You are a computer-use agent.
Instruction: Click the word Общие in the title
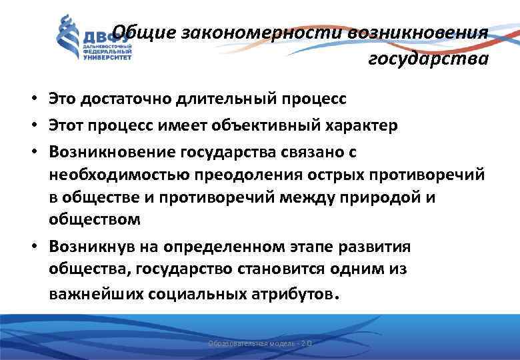pyautogui.click(x=137, y=32)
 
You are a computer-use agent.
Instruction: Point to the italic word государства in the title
pyautogui.click(x=428, y=59)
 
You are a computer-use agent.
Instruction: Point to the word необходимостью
pyautogui.click(x=120, y=174)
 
